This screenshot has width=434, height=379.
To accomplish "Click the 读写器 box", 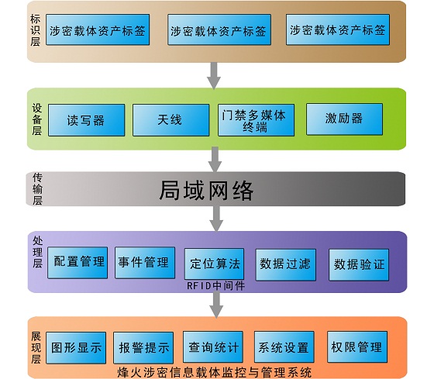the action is [x=86, y=120].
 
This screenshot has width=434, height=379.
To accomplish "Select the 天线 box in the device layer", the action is [x=170, y=120].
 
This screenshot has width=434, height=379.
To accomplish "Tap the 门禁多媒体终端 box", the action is [x=256, y=120].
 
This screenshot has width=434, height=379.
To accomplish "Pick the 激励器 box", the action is [x=344, y=119].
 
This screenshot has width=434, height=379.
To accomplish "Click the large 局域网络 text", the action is [x=206, y=190].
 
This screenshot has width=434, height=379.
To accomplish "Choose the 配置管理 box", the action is [x=77, y=263].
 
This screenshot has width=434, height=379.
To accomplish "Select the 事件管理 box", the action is [x=145, y=263].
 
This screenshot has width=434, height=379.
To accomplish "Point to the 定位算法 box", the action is [x=214, y=264].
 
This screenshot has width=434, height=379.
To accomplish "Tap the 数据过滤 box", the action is [x=286, y=264].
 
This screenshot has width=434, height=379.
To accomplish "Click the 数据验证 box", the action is [x=359, y=264].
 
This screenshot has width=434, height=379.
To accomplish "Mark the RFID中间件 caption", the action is [x=215, y=286].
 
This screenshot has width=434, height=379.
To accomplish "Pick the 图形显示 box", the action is [x=76, y=348].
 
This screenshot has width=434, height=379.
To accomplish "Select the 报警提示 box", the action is [x=143, y=348].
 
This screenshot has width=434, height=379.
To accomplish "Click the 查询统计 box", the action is [x=213, y=346].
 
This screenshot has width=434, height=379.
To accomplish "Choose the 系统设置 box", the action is [x=284, y=346].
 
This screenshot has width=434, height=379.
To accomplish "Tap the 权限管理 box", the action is [x=357, y=346].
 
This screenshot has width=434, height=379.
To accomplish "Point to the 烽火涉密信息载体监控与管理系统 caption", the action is [x=215, y=372].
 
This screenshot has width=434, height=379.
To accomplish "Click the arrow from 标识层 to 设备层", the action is [x=214, y=76].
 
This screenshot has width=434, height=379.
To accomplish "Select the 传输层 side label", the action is [x=37, y=189].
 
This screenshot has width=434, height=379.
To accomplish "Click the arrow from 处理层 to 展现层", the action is [x=216, y=305].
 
